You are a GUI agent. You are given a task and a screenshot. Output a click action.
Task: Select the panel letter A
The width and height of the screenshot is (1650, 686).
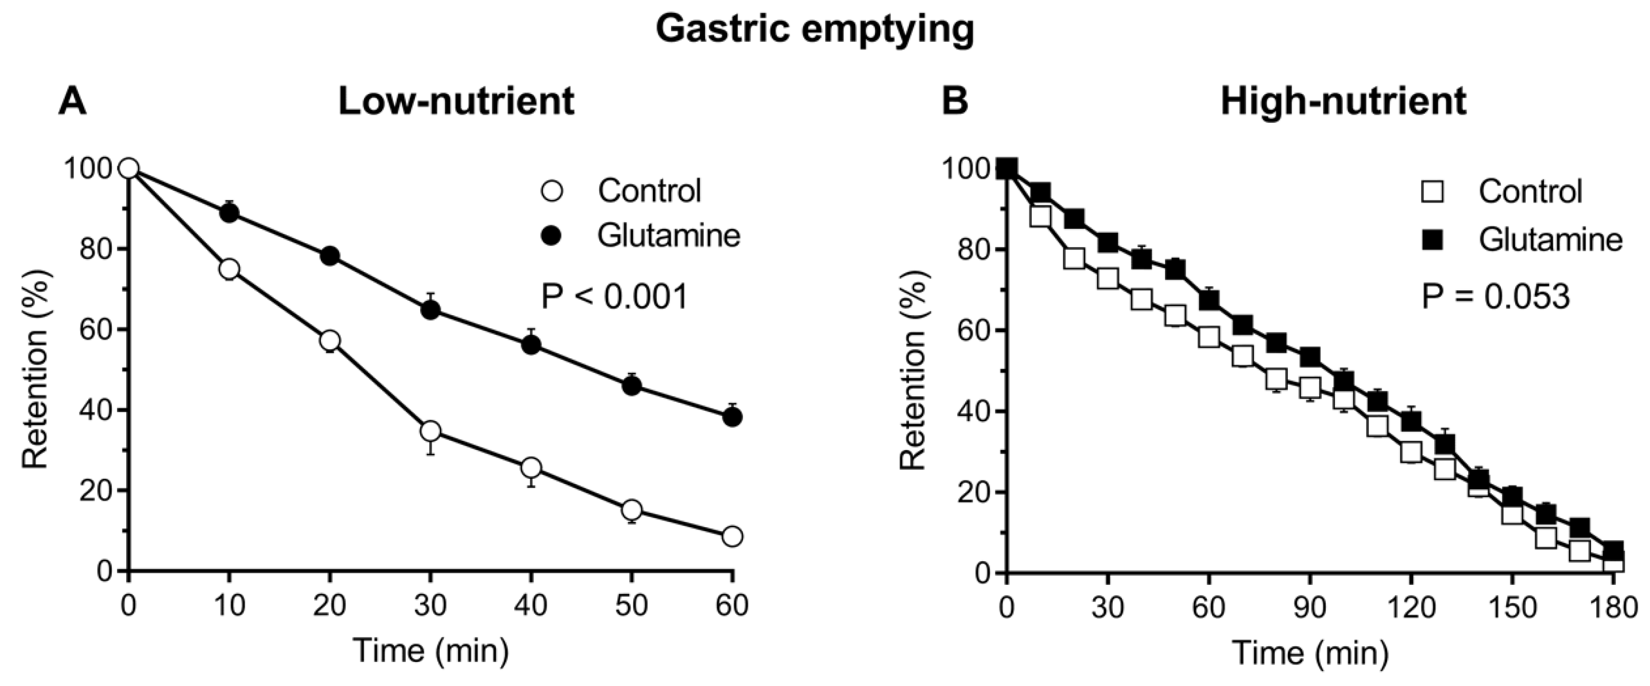coord(72,101)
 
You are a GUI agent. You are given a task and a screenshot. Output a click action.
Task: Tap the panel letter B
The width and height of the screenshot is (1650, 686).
coord(955,101)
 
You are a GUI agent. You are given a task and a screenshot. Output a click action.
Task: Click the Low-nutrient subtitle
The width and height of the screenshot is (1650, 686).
coord(456,101)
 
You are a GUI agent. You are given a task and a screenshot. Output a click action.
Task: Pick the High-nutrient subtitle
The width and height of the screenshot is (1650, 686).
coord(1343,101)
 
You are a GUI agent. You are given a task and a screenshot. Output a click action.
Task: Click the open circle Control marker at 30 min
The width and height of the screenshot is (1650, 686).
coord(430,431)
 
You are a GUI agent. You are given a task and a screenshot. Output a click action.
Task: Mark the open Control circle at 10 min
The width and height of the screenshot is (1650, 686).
coord(229,269)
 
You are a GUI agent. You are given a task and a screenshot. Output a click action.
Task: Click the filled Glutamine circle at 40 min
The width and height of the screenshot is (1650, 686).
coord(531,344)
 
